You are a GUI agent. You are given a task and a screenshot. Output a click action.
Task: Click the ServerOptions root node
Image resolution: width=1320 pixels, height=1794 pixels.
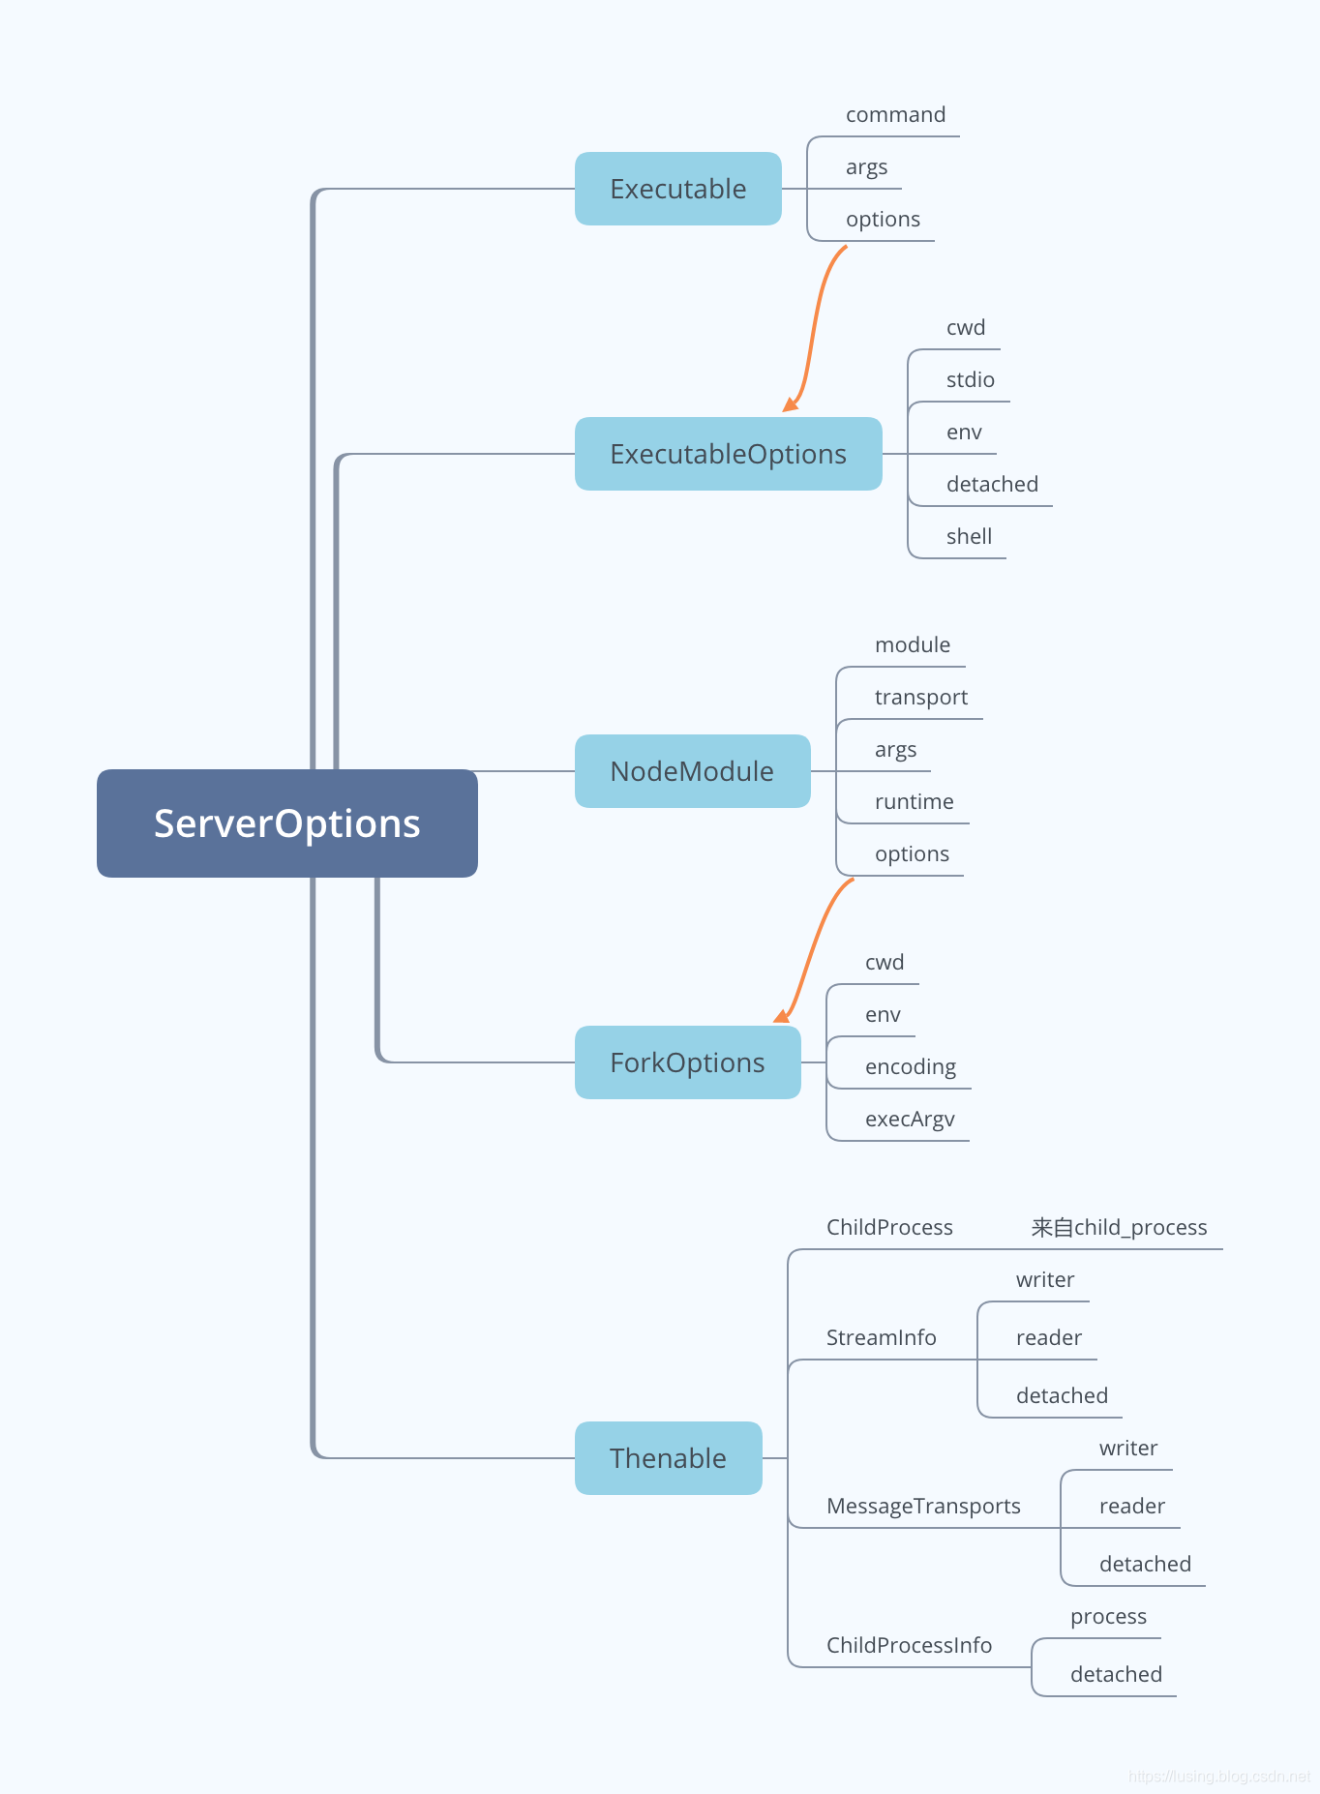[x=286, y=823]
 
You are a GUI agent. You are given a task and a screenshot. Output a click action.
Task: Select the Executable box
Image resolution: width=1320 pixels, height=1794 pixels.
[x=677, y=189]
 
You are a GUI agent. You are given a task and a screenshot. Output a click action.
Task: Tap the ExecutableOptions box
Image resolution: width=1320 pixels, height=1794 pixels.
[x=728, y=454]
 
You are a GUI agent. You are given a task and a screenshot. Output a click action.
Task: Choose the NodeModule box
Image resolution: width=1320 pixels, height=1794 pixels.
[x=692, y=771]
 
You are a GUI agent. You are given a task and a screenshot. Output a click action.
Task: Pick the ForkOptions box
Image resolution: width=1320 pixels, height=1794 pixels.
[x=687, y=1062]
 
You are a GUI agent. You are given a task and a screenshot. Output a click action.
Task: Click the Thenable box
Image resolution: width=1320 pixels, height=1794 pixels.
[x=668, y=1458]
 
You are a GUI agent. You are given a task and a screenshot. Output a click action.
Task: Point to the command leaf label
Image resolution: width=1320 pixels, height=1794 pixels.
[x=895, y=115]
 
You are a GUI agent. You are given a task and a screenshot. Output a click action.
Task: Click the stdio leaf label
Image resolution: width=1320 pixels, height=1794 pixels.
[x=970, y=380]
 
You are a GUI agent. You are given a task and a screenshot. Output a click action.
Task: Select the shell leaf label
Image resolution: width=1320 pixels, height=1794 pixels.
[x=969, y=537]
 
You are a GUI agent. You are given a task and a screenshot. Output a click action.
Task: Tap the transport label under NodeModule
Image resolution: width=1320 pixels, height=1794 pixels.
[x=920, y=698]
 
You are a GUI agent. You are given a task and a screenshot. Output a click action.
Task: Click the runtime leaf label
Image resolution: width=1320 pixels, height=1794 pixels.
[x=914, y=802]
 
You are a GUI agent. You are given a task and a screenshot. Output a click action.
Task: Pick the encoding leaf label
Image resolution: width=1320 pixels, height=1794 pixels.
[x=910, y=1067]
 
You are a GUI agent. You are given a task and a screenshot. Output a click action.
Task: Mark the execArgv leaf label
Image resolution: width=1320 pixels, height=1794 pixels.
[x=910, y=1120]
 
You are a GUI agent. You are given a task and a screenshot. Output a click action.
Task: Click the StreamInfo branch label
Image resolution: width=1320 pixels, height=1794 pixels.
[x=881, y=1338]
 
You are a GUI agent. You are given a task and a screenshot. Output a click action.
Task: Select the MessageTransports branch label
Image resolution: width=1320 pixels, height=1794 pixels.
[x=923, y=1507]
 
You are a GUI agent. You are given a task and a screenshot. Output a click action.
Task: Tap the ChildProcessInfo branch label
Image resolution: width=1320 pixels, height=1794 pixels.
[x=909, y=1646]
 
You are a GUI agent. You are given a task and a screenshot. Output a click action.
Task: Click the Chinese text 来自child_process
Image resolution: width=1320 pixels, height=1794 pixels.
[x=1119, y=1228]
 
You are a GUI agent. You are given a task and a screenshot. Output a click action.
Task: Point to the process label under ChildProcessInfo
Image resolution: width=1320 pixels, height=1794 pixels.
[x=1108, y=1617]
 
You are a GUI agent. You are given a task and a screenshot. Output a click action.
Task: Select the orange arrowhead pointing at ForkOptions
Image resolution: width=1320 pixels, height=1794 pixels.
[x=781, y=1015]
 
